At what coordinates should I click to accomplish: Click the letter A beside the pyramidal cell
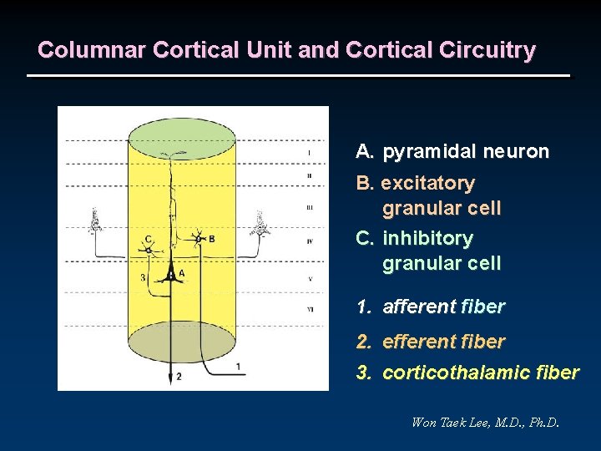[182, 273]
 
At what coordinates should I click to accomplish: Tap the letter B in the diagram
[211, 239]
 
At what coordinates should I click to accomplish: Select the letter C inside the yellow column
[147, 239]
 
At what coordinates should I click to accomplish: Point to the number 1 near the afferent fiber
[238, 366]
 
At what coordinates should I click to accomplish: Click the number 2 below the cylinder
[178, 378]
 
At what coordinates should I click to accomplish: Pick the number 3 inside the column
[143, 276]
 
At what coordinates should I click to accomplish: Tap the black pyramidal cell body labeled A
[170, 273]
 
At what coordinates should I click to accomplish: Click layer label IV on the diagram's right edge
[310, 241]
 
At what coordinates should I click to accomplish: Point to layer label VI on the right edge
[310, 309]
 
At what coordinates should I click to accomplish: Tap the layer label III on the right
[310, 207]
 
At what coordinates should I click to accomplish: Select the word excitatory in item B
[428, 183]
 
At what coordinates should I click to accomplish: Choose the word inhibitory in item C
[427, 239]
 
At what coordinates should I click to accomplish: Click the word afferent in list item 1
[418, 307]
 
